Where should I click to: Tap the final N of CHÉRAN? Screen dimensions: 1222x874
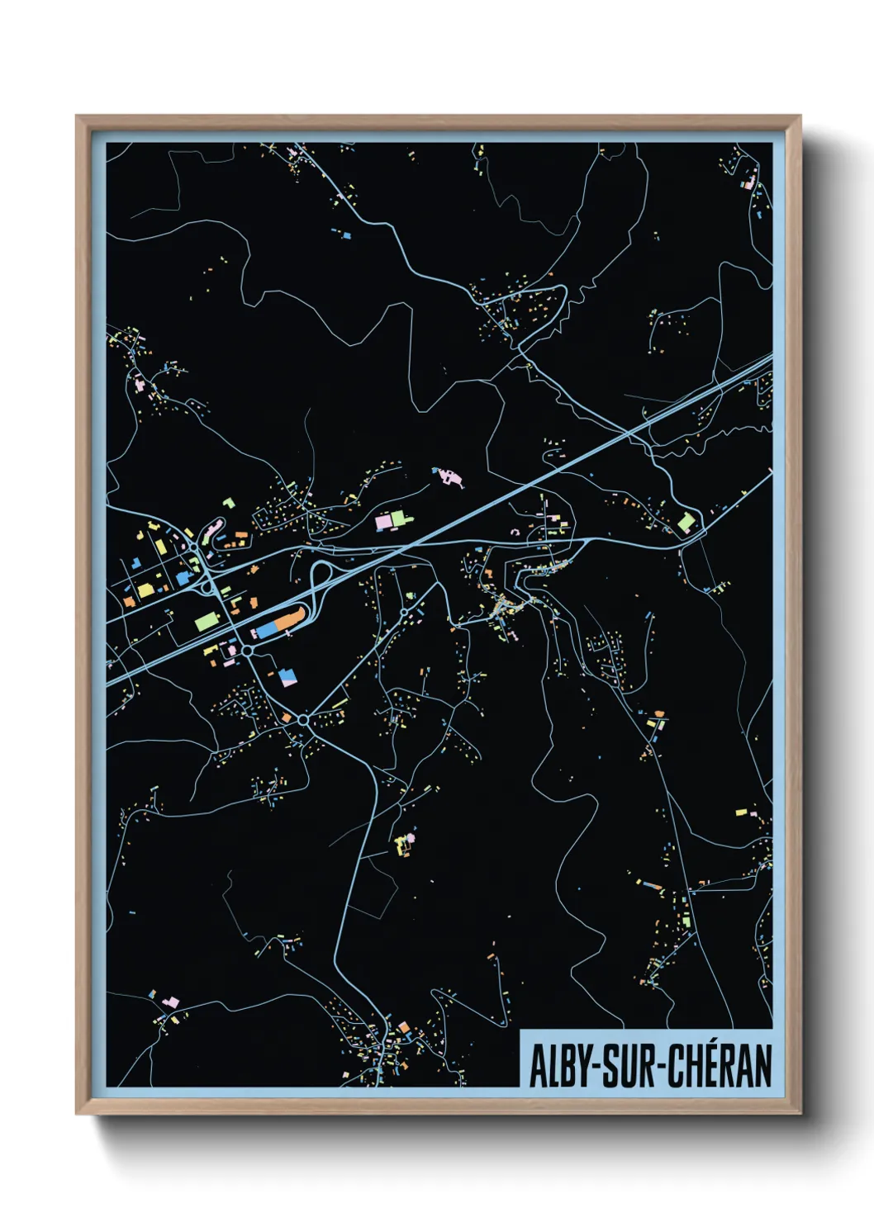[x=762, y=1067]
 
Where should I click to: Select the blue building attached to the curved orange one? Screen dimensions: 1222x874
[x=267, y=630]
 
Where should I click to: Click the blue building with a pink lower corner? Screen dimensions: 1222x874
[x=287, y=678]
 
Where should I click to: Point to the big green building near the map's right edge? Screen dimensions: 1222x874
[x=686, y=522]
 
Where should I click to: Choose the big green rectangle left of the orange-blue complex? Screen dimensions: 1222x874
[x=206, y=621]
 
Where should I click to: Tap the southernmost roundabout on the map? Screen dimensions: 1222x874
[x=303, y=720]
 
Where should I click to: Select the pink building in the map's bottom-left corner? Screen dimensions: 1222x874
[x=171, y=1002]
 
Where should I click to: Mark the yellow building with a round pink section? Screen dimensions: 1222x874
[x=404, y=843]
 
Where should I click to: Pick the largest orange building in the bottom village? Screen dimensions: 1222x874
[x=404, y=1027]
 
